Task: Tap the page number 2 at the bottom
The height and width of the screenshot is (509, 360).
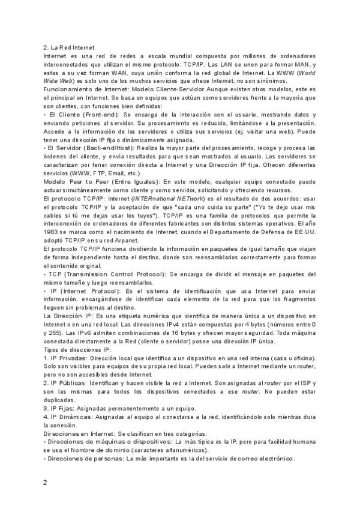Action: point(46,482)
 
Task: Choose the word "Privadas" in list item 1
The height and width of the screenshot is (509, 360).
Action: point(72,357)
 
